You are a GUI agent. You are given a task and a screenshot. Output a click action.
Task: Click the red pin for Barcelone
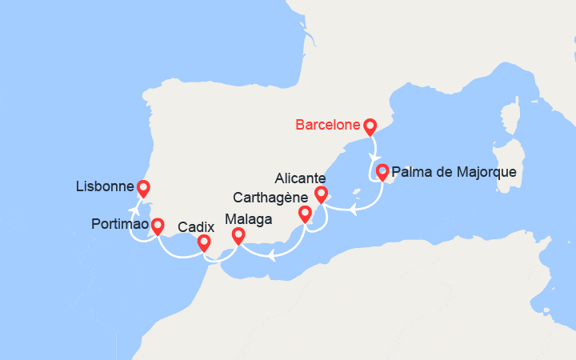click(x=370, y=126)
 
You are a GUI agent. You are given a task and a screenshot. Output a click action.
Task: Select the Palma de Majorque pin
click(x=382, y=170)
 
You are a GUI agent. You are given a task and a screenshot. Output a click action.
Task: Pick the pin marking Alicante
click(x=322, y=194)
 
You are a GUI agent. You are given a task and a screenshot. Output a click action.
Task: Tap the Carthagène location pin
click(x=305, y=213)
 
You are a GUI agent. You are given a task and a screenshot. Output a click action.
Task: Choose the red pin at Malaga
click(x=238, y=235)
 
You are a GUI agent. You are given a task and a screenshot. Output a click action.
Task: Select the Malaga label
click(x=249, y=218)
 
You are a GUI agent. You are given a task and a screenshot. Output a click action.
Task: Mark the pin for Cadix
click(x=204, y=242)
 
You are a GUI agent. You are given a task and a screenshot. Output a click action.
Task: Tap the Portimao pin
click(x=158, y=226)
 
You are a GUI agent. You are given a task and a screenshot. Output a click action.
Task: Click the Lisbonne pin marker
click(x=143, y=188)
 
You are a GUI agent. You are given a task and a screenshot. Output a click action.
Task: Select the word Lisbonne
click(x=104, y=187)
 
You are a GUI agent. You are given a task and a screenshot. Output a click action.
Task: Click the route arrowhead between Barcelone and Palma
click(x=373, y=156)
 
